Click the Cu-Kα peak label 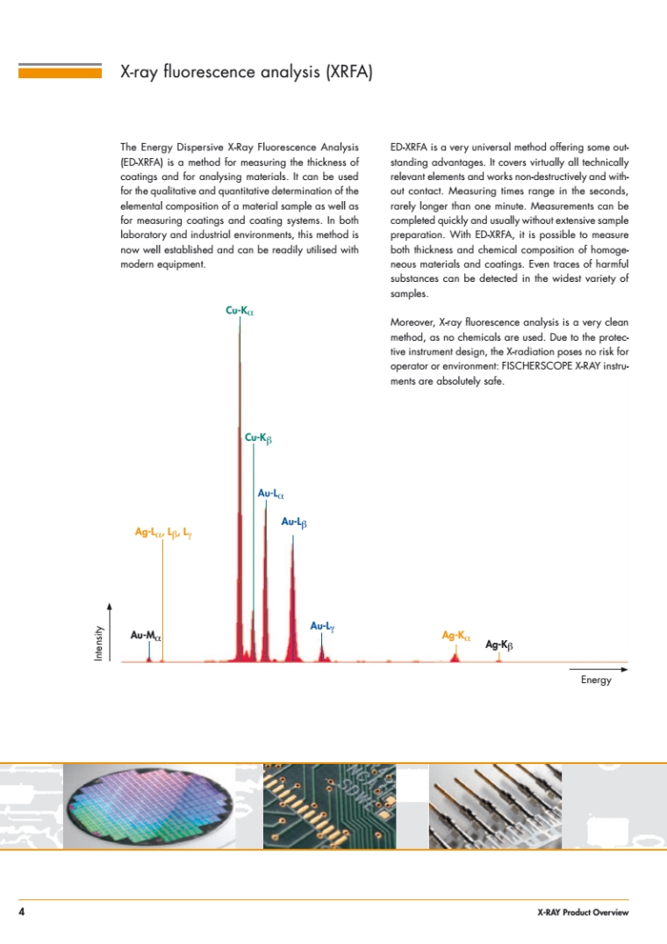(x=240, y=310)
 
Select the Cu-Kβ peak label (x=259, y=436)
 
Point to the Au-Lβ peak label (x=293, y=522)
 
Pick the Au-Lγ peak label (x=323, y=626)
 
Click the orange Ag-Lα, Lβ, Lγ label (x=163, y=532)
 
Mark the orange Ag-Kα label (x=456, y=634)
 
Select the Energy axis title (x=596, y=681)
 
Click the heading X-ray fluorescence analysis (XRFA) (x=247, y=72)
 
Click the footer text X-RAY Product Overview (x=584, y=913)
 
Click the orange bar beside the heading (x=60, y=71)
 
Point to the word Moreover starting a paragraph (x=412, y=321)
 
